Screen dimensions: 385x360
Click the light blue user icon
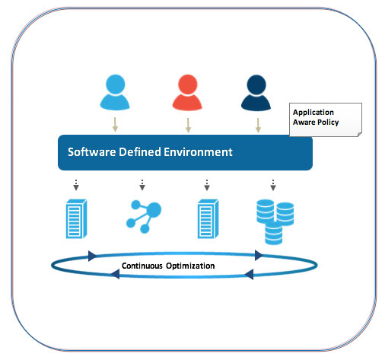pos(115,92)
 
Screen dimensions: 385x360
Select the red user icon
pos(187,92)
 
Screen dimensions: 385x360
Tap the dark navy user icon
pos(256,92)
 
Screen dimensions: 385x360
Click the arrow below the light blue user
pos(115,125)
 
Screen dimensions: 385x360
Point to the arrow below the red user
pos(188,126)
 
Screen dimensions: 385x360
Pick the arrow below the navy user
pos(258,126)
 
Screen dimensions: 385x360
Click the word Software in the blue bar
pos(92,152)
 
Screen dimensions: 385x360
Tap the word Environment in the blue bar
pos(198,152)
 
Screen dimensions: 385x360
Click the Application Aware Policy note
pos(326,119)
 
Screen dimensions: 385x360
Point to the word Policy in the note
pos(328,123)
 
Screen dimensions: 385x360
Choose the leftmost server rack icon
pos(76,218)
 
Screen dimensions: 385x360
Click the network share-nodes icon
pos(144,216)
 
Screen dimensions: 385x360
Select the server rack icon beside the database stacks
pos(208,218)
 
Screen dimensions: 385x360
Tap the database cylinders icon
pos(275,222)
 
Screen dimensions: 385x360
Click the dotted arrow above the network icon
pos(142,185)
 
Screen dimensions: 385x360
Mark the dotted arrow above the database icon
pos(273,185)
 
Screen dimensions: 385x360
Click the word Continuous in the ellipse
pos(142,266)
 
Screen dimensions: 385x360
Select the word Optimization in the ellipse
pos(190,266)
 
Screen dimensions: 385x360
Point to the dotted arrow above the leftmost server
pos(76,185)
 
